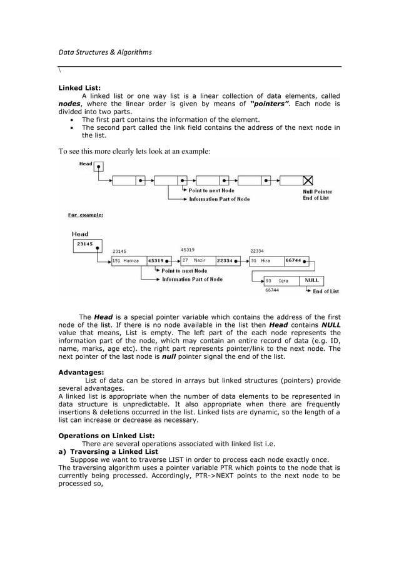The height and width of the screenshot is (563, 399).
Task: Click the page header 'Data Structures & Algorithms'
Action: click(105, 52)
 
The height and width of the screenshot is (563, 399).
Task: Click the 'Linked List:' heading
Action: click(79, 88)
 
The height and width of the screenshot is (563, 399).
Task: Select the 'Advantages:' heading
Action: click(81, 372)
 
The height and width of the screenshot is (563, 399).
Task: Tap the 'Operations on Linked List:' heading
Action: click(106, 436)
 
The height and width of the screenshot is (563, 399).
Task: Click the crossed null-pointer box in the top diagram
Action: click(308, 180)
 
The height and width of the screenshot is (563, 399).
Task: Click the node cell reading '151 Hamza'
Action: click(128, 261)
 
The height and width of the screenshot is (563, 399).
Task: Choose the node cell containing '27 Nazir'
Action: click(193, 260)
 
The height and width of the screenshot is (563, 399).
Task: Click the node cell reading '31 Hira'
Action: click(266, 261)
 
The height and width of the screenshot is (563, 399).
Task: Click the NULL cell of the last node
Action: click(312, 281)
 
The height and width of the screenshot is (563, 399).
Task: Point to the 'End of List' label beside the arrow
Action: click(326, 291)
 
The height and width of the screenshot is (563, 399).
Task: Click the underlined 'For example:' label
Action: click(86, 215)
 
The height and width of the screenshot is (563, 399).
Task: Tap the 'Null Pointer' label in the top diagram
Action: click(318, 192)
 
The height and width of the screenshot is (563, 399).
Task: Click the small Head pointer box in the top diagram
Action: click(99, 166)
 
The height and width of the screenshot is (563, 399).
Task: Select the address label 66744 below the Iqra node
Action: click(272, 290)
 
